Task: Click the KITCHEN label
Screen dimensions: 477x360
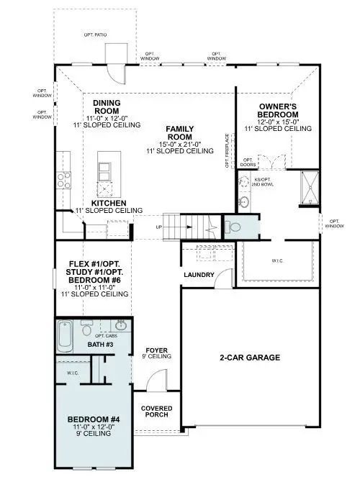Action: point(109,204)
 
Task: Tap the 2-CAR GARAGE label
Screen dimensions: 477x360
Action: point(250,358)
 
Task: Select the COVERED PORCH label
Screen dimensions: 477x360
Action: point(156,411)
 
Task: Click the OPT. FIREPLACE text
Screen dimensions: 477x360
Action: point(228,150)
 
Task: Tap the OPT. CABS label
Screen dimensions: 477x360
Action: point(106,335)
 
